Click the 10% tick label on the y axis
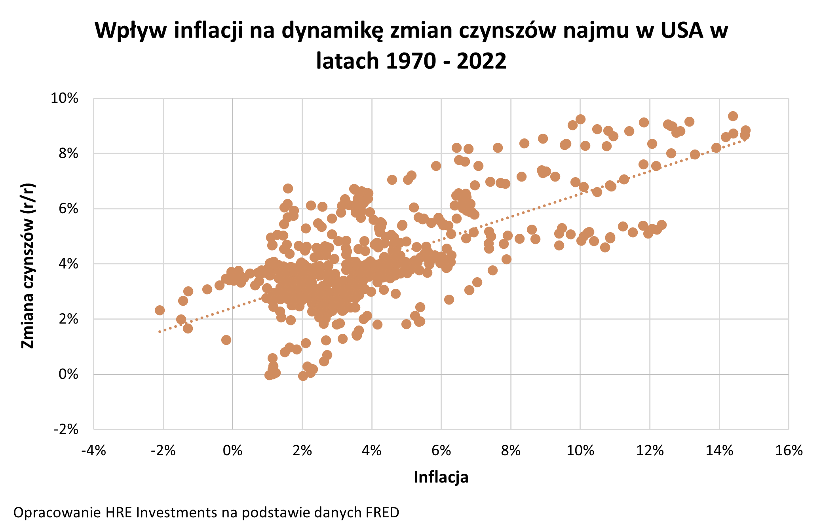click(x=64, y=98)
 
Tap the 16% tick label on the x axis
click(x=789, y=450)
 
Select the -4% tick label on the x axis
click(x=93, y=450)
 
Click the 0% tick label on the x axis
click(x=232, y=450)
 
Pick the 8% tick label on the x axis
click(x=511, y=450)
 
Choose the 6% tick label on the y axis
click(x=68, y=208)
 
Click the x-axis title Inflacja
click(x=441, y=477)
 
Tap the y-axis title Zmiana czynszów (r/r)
click(x=28, y=265)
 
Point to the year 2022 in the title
click(x=481, y=61)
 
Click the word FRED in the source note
click(x=382, y=513)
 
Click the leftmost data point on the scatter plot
click(x=160, y=310)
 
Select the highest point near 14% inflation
click(x=733, y=116)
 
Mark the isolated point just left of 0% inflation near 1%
click(x=226, y=340)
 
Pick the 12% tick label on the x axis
click(x=650, y=450)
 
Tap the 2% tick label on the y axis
click(x=68, y=319)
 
